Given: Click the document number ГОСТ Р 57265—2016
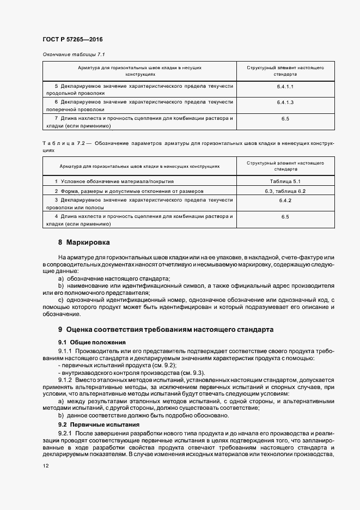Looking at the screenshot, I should point(72,40).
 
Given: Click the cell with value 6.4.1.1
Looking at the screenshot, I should point(285,87).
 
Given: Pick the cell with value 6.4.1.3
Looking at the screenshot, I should point(285,102).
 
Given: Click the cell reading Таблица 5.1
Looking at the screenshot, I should point(285,181).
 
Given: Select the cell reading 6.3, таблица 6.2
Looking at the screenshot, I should point(285,191).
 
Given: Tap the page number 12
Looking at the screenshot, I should point(46,465).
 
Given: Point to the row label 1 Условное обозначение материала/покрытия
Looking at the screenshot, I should point(114,181).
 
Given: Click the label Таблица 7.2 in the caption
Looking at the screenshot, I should point(61,143).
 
